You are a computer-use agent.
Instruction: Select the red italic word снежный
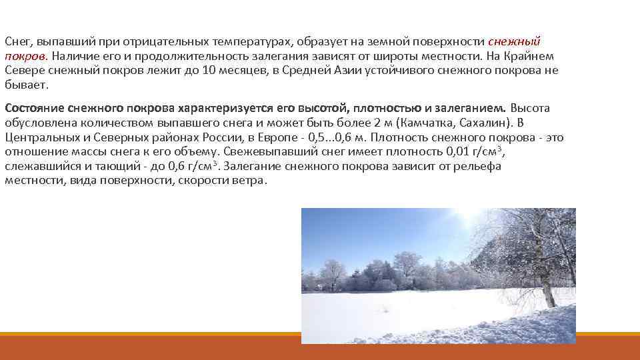tap(518, 41)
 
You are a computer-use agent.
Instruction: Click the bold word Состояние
tap(35, 108)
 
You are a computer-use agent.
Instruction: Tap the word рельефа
tap(478, 167)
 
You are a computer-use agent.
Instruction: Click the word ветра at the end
tap(246, 181)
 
